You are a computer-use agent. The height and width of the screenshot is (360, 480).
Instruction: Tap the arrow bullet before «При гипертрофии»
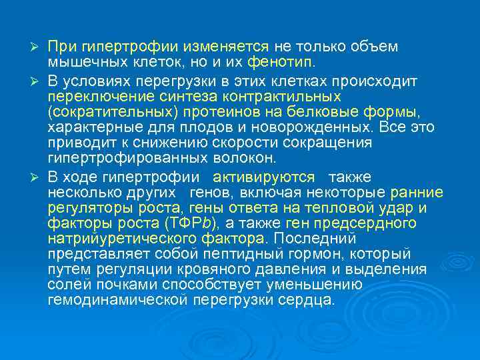[38, 47]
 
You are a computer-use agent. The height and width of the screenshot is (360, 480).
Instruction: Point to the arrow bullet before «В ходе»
[38, 177]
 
